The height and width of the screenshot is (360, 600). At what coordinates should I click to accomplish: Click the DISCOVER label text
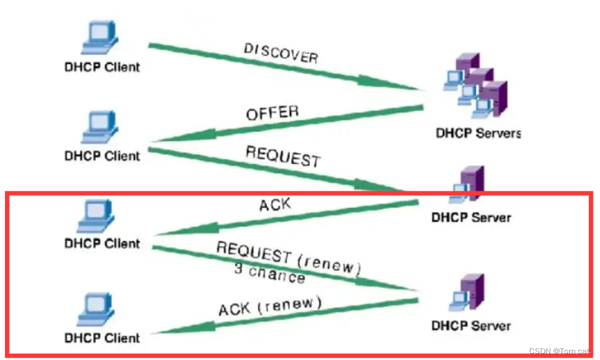tap(281, 53)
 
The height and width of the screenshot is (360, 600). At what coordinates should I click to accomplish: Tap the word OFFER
tap(272, 112)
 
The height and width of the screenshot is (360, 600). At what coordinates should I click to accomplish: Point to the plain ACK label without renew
tap(275, 205)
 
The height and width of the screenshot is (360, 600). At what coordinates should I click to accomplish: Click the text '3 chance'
tap(269, 273)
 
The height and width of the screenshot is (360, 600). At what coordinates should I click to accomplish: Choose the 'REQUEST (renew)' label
tap(289, 258)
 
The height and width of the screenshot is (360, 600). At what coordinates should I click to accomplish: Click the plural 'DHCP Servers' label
tap(478, 133)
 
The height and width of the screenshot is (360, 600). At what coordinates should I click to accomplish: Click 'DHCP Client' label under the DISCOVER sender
tap(101, 67)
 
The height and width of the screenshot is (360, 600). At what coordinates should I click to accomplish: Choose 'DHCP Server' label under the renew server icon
tap(471, 326)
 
